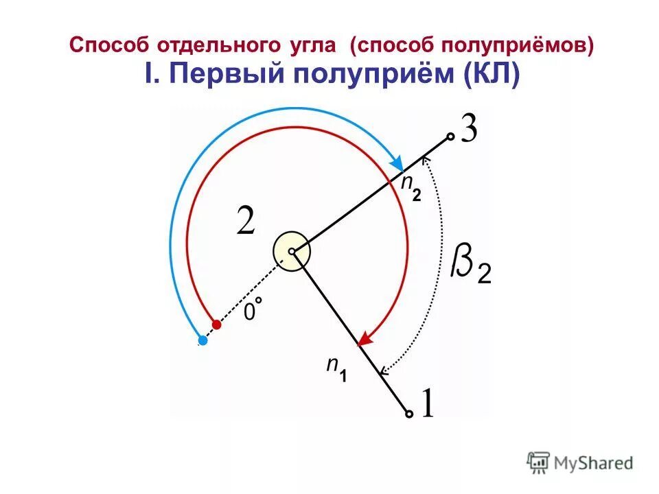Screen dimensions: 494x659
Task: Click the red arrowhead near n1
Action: click(365, 338)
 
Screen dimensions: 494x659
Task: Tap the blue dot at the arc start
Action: click(202, 340)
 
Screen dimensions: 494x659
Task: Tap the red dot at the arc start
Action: click(217, 324)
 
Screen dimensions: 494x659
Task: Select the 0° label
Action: click(253, 310)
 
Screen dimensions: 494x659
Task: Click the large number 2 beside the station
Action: click(246, 221)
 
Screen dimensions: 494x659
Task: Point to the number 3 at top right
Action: click(469, 130)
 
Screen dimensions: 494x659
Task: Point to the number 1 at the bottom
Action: click(427, 403)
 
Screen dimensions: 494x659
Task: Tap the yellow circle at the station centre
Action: click(292, 252)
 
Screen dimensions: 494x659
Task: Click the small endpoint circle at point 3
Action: click(450, 137)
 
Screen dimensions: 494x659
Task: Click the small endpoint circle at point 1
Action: click(409, 414)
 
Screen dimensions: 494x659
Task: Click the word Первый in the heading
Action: click(218, 74)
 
